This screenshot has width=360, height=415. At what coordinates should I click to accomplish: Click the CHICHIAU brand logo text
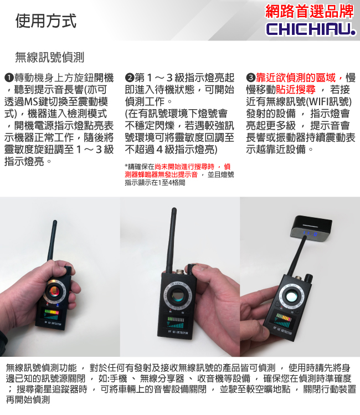311,29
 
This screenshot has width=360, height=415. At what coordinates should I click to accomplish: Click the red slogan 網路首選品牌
310,12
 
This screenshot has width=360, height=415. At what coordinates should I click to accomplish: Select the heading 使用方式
46,21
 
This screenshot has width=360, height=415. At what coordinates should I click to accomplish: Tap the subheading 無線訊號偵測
50,57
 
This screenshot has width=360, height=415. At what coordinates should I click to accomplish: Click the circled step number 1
9,78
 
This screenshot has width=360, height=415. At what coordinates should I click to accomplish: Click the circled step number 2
130,78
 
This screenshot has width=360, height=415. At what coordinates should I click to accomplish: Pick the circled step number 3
250,78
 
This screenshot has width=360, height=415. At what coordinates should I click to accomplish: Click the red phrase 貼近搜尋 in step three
295,90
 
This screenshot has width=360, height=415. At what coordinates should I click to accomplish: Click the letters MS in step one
31,101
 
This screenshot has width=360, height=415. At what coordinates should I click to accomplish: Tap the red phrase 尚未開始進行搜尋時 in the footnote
184,167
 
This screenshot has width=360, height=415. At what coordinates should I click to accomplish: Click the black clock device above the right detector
311,227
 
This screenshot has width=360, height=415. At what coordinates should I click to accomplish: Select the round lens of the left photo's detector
55,291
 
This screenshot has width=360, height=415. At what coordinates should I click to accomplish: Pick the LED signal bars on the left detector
52,315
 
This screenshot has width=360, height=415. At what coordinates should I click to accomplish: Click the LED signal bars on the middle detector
176,322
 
